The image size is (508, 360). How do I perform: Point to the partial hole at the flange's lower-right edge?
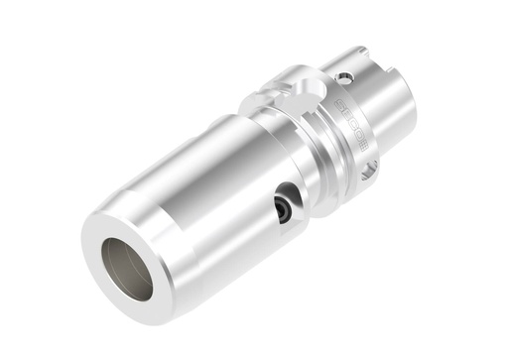(x=369, y=174)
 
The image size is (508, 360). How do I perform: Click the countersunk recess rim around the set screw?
(x=289, y=197)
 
